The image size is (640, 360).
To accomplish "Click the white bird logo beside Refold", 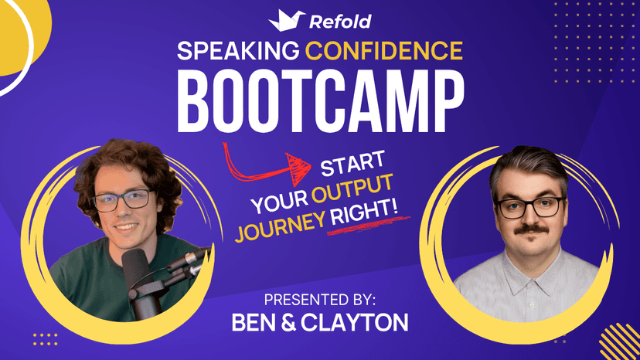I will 284,20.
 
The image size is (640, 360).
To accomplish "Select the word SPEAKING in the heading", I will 237,52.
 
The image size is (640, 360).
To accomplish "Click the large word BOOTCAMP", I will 320,99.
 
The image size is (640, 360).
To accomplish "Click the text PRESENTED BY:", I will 320,299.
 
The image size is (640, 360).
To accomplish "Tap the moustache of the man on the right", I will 529,229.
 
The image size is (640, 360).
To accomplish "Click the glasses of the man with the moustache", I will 530,207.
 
